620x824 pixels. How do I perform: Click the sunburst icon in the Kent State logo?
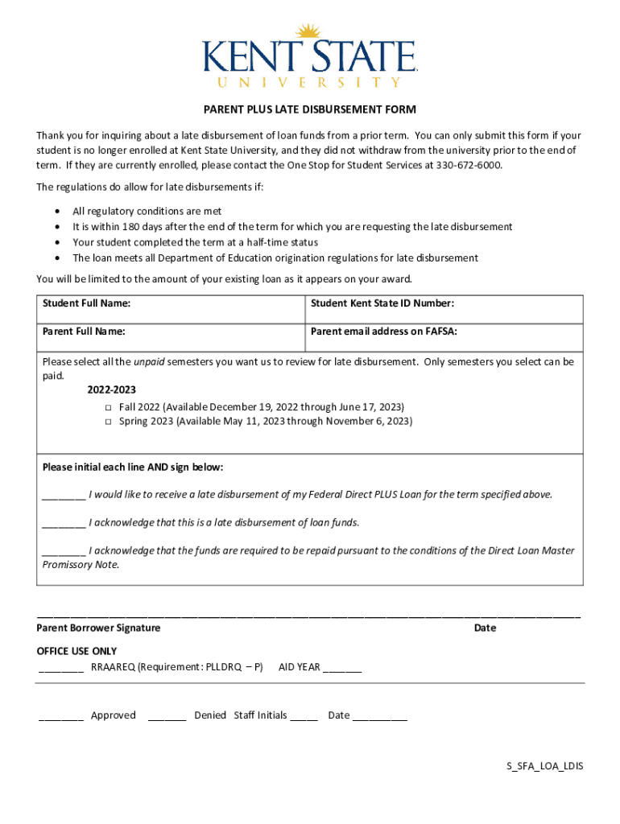308,34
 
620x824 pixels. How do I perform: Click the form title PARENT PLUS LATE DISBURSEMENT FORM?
309,109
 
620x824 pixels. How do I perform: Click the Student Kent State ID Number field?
444,309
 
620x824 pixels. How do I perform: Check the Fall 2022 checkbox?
107,408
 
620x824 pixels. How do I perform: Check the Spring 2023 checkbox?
107,422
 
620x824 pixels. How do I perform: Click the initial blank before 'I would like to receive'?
64,496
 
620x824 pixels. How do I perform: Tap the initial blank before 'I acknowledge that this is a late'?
64,524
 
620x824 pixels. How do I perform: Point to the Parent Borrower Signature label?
98,628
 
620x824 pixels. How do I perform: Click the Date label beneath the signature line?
485,628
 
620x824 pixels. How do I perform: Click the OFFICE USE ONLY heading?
76,651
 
